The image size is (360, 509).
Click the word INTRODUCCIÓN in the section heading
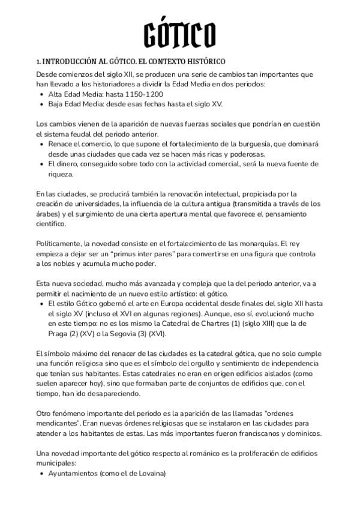point(70,62)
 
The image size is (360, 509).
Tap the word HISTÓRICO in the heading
point(203,62)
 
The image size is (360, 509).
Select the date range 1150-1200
point(144,94)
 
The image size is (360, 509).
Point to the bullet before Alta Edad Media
point(41,94)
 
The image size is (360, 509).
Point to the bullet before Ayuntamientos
point(41,473)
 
